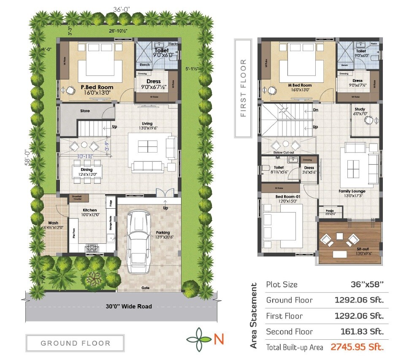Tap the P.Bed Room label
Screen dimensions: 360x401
point(97,87)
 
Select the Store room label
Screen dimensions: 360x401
point(85,111)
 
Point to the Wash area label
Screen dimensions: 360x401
point(53,223)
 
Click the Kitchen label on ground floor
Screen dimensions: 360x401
point(89,210)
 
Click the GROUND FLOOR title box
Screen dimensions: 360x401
point(75,343)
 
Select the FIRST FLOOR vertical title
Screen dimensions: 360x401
point(243,88)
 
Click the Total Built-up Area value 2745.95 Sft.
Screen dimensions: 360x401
point(357,347)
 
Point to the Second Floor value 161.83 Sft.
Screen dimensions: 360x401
point(362,332)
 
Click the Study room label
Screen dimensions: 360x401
point(360,109)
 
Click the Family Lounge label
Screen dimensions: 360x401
point(352,191)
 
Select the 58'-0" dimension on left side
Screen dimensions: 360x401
point(26,158)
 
